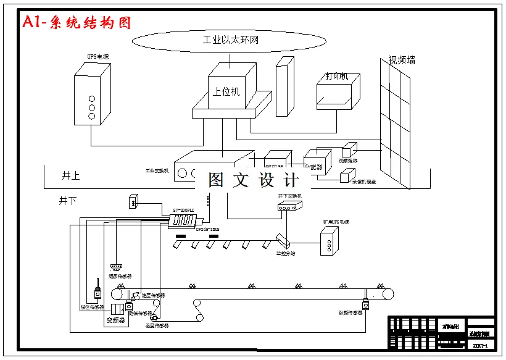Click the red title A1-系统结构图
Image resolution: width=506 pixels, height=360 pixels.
(77, 23)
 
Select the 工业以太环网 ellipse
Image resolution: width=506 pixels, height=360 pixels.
(230, 41)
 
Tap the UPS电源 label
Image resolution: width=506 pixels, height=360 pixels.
(98, 57)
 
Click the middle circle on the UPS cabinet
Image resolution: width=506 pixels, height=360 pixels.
(92, 107)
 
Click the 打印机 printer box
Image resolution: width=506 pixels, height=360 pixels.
(336, 93)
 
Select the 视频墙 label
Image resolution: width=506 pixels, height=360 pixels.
(402, 60)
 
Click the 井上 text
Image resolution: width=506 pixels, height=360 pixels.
(70, 175)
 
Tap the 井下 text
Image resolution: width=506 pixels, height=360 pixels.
(68, 201)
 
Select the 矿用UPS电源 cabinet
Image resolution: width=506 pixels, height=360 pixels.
(329, 241)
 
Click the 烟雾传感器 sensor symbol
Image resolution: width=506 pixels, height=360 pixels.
(115, 267)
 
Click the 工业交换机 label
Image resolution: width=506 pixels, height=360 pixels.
(157, 170)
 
